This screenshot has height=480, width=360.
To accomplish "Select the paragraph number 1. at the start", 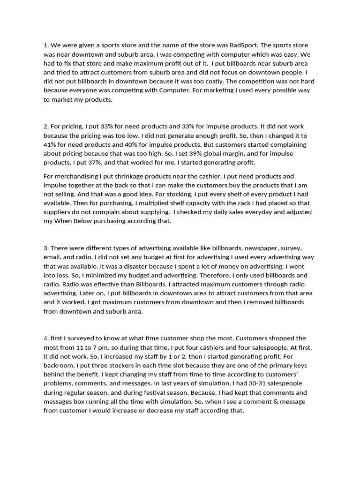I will pos(46,45).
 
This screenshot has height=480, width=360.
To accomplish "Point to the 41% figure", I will pos(50,136).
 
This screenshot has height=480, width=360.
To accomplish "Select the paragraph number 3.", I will pos(46,248).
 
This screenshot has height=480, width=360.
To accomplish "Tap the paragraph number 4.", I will pos(46,338).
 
